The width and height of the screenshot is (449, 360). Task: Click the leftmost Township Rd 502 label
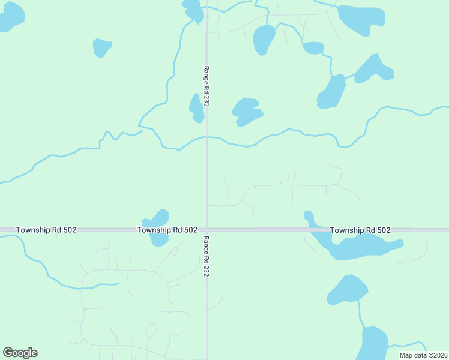[x=46, y=230]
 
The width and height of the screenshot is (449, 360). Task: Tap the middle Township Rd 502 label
[x=167, y=230]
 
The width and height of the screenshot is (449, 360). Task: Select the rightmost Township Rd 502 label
[x=360, y=230]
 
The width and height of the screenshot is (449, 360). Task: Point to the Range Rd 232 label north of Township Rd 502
[x=206, y=86]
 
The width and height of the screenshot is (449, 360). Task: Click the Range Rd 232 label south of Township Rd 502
[x=206, y=256]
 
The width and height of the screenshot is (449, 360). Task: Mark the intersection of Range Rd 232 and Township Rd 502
[x=207, y=230]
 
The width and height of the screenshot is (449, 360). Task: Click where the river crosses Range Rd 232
[x=207, y=137]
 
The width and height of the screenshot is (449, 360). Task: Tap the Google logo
[x=20, y=353]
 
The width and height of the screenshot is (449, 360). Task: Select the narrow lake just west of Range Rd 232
[x=196, y=108]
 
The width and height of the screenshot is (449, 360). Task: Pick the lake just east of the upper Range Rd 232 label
[x=246, y=111]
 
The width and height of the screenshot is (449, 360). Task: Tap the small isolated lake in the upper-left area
[x=101, y=47]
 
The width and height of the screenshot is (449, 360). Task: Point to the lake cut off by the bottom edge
[x=374, y=343]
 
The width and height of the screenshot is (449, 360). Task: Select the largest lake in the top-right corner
[x=360, y=19]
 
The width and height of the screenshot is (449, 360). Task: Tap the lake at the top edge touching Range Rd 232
[x=193, y=10]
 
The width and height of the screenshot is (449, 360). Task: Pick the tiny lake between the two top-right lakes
[x=313, y=47]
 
